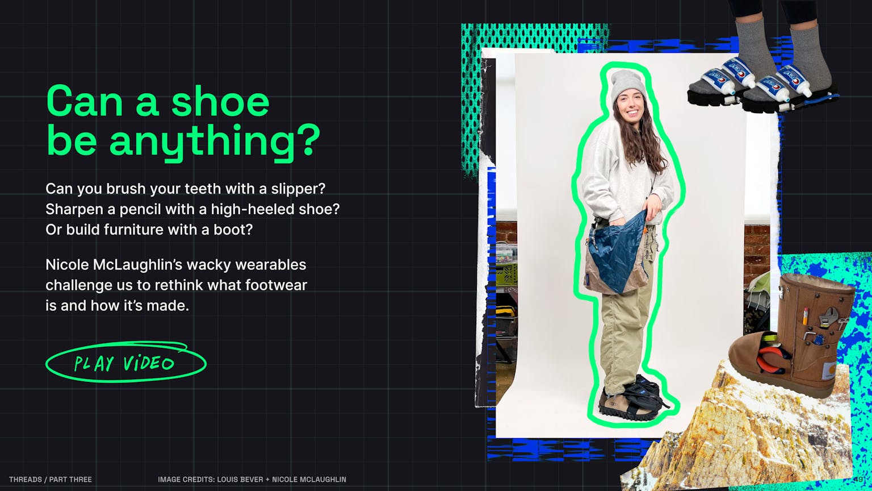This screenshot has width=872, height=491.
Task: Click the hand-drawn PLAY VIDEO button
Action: [x=125, y=362]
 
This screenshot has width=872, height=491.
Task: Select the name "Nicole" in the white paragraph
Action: [x=67, y=265]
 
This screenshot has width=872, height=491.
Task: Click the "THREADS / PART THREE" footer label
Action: [x=51, y=479]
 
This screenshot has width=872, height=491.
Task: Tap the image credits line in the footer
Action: [x=252, y=479]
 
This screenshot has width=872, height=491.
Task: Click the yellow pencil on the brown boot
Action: [x=806, y=315]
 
